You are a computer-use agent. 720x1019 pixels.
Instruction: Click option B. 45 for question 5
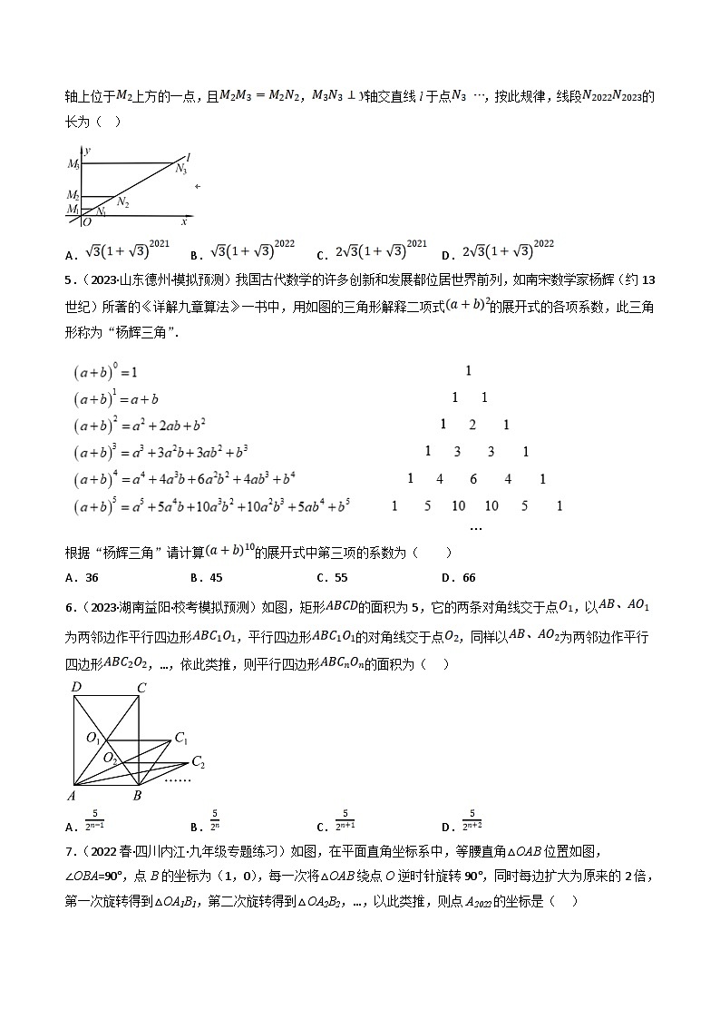207,577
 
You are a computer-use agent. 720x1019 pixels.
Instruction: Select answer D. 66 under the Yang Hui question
458,577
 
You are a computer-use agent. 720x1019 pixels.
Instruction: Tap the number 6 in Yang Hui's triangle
473,479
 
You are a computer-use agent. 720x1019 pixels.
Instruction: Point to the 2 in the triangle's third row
472,425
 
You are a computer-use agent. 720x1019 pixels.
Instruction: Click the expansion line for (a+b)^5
212,506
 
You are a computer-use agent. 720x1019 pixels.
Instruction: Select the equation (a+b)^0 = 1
105,372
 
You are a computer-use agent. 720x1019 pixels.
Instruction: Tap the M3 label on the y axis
73,164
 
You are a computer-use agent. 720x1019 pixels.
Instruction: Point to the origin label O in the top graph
87,221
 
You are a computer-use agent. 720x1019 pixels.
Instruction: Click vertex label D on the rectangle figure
76,688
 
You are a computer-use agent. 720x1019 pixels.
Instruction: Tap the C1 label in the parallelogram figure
180,738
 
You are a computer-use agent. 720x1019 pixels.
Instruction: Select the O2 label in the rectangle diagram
109,757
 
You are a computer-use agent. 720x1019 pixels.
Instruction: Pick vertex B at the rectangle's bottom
138,797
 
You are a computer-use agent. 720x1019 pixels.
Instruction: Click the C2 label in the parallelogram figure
198,762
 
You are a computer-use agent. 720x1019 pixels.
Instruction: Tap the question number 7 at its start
70,852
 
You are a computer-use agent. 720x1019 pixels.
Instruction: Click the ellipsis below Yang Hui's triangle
476,526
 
